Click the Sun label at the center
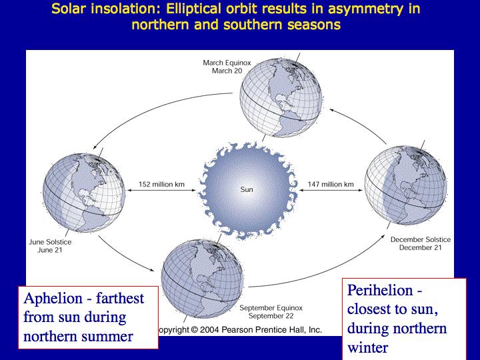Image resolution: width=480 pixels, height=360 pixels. (247, 189)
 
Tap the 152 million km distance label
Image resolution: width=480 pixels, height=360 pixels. (161, 184)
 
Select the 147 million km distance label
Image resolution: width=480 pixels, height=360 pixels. (331, 184)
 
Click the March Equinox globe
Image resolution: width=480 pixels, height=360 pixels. (281, 97)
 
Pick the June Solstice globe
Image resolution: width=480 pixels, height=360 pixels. (83, 193)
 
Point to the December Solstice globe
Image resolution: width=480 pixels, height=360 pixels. (405, 185)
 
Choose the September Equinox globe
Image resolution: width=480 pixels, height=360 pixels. (203, 279)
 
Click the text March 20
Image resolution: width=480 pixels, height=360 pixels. (227, 71)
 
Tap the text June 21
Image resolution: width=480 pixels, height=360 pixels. (50, 250)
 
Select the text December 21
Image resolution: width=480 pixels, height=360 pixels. (420, 247)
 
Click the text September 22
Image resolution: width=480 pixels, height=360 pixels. (271, 316)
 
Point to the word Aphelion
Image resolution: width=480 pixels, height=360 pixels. (53, 299)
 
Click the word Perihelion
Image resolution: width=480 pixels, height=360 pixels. (380, 290)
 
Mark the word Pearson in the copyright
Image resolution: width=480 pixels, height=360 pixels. (237, 330)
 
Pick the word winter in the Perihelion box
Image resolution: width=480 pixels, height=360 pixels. (367, 348)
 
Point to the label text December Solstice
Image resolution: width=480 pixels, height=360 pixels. (421, 240)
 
